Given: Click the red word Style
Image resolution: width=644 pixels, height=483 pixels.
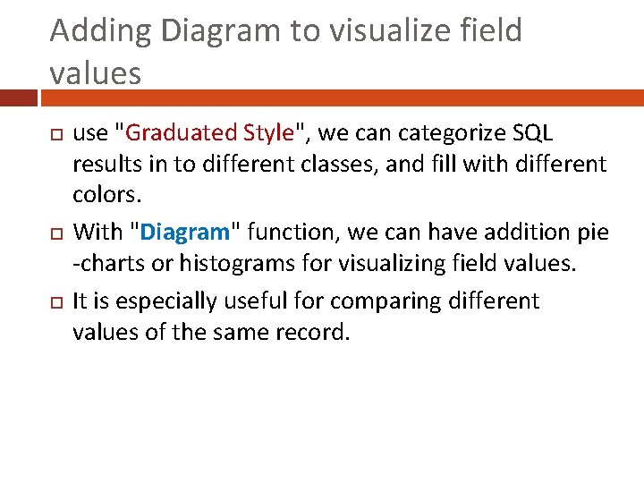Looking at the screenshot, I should [267, 133].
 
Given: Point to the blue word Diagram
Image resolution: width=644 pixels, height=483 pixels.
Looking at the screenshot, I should [185, 233].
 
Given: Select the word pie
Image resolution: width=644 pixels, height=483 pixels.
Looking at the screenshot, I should [591, 233].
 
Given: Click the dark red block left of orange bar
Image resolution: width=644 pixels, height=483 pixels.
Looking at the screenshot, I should [18, 97].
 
